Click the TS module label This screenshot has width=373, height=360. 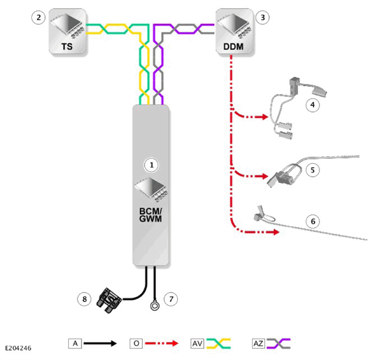pyautogui.click(x=67, y=46)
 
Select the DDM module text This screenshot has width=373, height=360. pyautogui.click(x=233, y=46)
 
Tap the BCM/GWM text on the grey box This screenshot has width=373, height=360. pyautogui.click(x=151, y=215)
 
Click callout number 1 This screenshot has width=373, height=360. pyautogui.click(x=152, y=165)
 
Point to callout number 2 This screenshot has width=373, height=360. pyautogui.click(x=39, y=17)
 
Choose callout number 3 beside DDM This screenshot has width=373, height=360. pyautogui.click(x=262, y=17)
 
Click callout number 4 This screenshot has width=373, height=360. pyautogui.click(x=312, y=105)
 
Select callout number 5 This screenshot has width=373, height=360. pyautogui.click(x=312, y=170)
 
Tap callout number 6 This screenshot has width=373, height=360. pyautogui.click(x=313, y=221)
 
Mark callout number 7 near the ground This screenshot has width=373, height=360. pyautogui.click(x=171, y=299)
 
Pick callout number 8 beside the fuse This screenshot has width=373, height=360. pyautogui.click(x=84, y=299)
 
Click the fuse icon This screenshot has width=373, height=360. pyautogui.click(x=109, y=300)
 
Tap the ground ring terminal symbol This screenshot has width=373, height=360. pyautogui.click(x=155, y=305)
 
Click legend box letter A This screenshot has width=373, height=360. pyautogui.click(x=75, y=343)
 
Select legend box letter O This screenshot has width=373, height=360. pyautogui.click(x=136, y=343)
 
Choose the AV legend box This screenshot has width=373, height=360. pyautogui.click(x=197, y=343)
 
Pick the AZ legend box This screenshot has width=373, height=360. pyautogui.click(x=258, y=343)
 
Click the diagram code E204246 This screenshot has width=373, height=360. pyautogui.click(x=18, y=348)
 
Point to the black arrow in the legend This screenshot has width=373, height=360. pyautogui.click(x=100, y=343)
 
